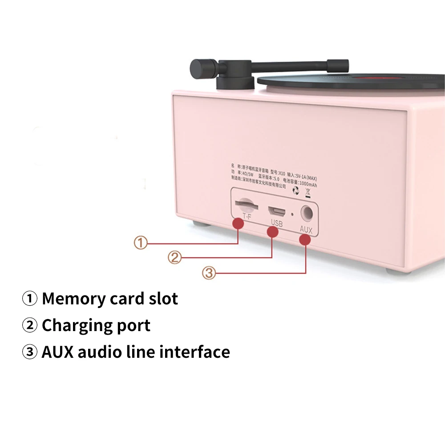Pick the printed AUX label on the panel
coord(307,230)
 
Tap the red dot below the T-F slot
coord(239,223)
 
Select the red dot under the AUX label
coord(305,240)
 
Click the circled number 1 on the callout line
coord(140,243)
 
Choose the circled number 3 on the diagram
coord(209,272)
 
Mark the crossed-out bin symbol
coord(307,192)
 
